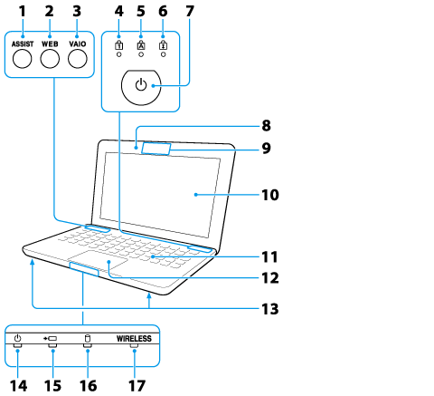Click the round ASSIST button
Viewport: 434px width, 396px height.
(23, 59)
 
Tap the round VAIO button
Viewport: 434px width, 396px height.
(78, 59)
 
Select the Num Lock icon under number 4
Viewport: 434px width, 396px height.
(119, 44)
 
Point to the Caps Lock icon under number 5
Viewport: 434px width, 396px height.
(141, 44)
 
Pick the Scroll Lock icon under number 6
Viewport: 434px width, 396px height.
(163, 44)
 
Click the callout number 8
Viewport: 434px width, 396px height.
(266, 126)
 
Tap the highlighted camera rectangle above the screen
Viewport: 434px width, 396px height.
(156, 149)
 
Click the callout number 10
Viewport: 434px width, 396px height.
(270, 195)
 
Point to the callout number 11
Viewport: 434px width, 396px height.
(269, 257)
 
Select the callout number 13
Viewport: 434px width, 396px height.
(270, 309)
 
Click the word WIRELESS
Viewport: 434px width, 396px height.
(134, 339)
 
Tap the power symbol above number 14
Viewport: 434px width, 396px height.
(18, 338)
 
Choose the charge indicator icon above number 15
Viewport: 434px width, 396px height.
(50, 339)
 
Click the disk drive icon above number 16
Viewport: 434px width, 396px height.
(88, 338)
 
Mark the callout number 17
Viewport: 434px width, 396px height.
(137, 386)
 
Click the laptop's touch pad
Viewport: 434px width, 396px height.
(98, 260)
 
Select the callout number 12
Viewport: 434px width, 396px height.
(270, 278)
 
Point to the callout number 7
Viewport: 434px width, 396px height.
(190, 12)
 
